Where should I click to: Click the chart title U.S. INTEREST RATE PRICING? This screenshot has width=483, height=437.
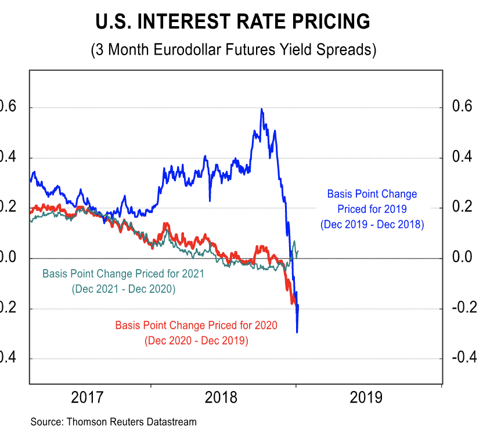232,22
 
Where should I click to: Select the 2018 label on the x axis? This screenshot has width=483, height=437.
221,398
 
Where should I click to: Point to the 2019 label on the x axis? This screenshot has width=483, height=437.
366,398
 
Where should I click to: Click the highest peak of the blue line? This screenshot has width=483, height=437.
262,109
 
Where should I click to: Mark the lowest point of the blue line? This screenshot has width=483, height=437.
297,332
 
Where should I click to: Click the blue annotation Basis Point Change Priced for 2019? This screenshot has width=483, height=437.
372,201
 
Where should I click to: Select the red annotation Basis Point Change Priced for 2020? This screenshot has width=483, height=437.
196,325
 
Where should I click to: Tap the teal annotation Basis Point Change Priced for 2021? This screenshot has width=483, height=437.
123,273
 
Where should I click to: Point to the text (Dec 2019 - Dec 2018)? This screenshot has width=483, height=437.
372,224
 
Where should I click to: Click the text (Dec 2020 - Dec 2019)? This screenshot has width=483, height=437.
196,340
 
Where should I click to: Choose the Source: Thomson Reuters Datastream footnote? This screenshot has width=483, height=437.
114,422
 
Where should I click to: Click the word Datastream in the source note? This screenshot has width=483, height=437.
172,422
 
